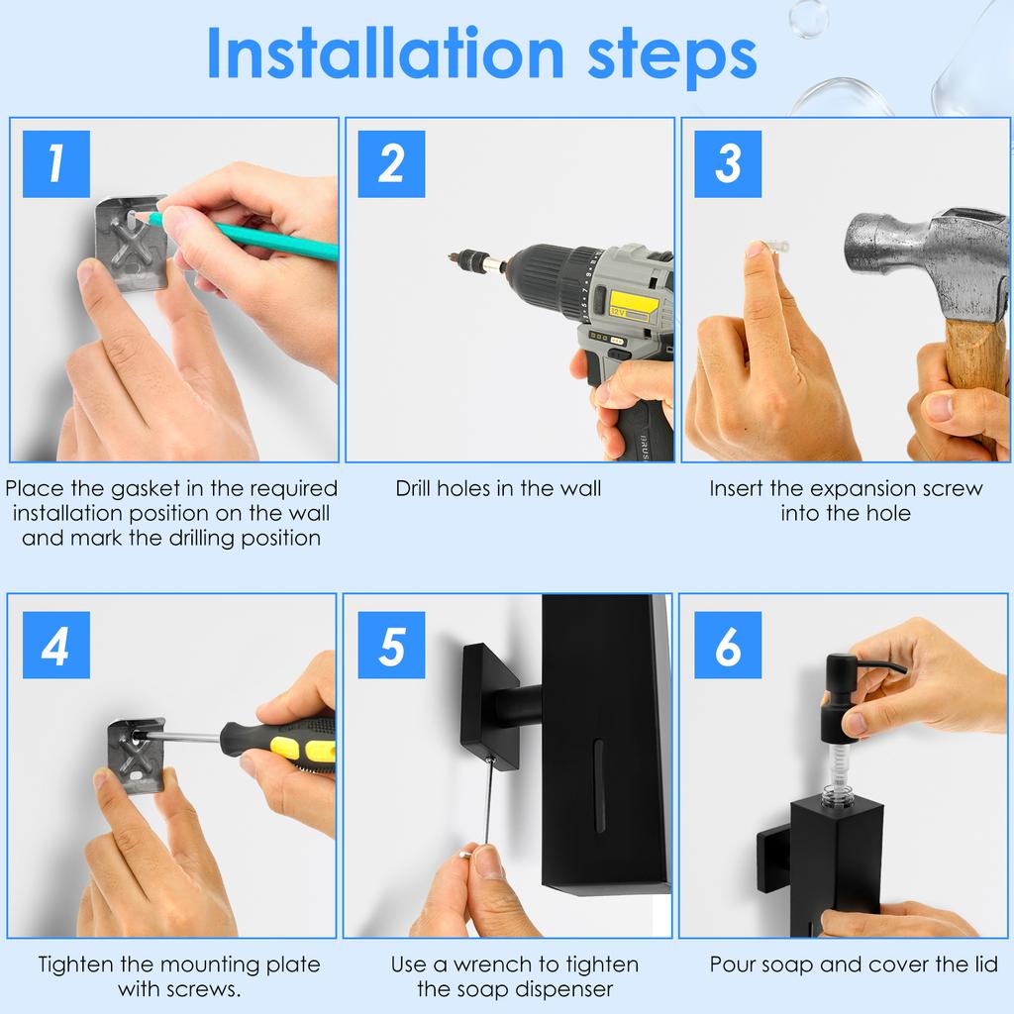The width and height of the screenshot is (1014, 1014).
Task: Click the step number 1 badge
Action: [55, 163]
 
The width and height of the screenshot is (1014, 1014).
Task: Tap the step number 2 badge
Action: [391, 163]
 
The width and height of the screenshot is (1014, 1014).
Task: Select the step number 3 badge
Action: [728, 163]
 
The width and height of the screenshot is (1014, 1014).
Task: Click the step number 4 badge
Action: [55, 645]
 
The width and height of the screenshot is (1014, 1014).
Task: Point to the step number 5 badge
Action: [391, 645]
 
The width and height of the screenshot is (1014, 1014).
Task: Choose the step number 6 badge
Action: [728, 645]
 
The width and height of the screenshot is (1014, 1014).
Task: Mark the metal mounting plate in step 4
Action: [134, 755]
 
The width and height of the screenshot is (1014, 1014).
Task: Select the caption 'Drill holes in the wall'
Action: [498, 488]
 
